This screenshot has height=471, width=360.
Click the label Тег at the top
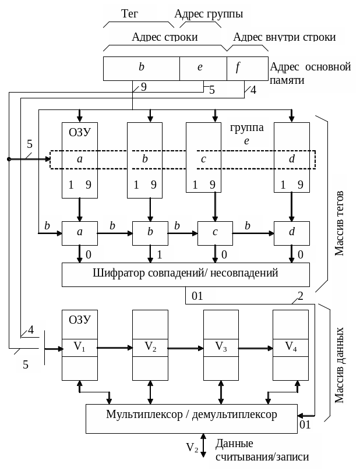(x=129, y=13)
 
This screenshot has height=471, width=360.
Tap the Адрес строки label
(x=164, y=37)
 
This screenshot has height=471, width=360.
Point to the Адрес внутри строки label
(x=284, y=37)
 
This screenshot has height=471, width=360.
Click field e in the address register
(x=200, y=68)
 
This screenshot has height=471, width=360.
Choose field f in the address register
(x=238, y=68)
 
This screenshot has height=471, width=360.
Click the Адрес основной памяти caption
(x=310, y=74)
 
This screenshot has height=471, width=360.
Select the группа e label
(x=246, y=133)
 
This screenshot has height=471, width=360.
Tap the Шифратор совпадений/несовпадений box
(x=185, y=273)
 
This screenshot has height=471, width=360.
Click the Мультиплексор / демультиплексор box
(x=191, y=415)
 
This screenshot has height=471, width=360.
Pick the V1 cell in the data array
(x=79, y=348)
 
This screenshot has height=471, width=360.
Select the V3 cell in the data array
(x=221, y=348)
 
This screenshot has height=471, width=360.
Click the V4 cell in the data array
(x=291, y=348)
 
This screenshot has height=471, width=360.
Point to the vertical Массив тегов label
(x=340, y=224)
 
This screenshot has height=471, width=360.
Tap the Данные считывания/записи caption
(x=262, y=450)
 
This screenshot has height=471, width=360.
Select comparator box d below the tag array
(x=291, y=232)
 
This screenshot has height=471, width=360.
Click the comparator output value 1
(x=159, y=255)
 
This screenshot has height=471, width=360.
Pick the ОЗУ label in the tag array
(x=80, y=131)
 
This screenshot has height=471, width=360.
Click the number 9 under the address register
(x=143, y=87)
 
